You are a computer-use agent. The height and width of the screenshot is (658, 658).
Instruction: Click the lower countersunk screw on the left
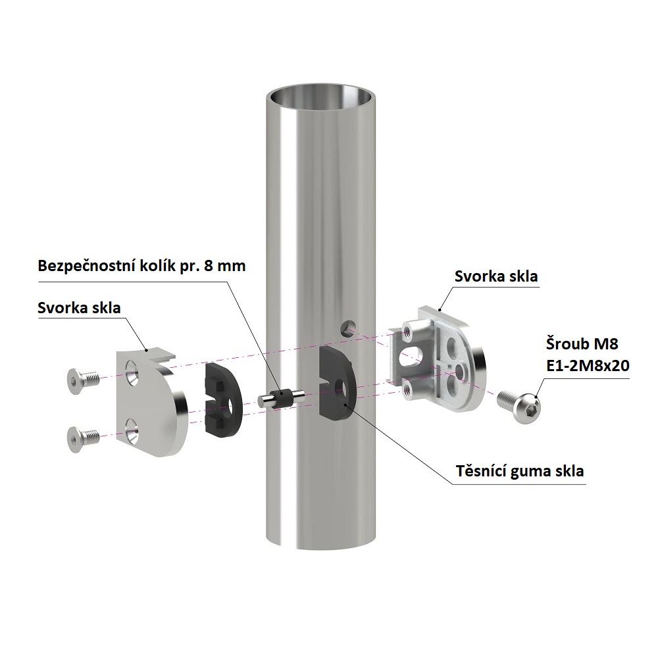click(83, 439)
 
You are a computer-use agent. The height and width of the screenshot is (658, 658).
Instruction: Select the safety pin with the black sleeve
click(280, 398)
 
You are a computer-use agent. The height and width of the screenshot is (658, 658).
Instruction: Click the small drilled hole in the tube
click(348, 327)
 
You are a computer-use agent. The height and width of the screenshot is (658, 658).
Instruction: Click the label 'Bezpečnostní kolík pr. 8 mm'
click(141, 266)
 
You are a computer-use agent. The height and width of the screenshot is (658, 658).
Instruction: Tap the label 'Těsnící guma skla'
click(520, 471)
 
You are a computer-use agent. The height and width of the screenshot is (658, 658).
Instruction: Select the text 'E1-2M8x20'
click(588, 365)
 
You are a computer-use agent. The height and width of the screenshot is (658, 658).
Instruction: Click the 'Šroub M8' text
click(582, 343)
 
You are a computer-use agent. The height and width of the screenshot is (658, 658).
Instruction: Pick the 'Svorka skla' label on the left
click(79, 307)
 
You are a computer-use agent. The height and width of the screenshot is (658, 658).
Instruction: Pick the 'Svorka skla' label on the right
click(496, 276)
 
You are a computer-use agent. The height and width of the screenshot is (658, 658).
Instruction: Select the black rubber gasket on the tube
click(336, 384)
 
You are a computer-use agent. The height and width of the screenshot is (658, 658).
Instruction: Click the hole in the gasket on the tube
click(341, 389)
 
